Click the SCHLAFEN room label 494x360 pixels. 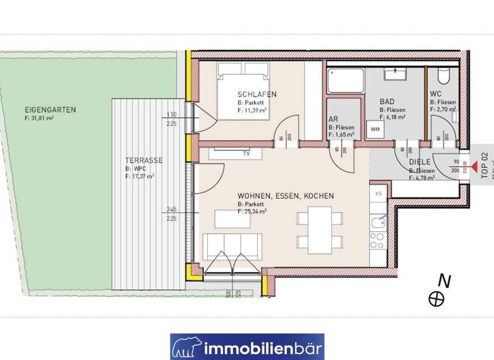coord(257,94)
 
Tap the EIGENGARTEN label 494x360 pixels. coord(50,110)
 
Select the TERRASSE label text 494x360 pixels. coord(144,161)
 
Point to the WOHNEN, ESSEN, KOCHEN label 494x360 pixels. coord(285,196)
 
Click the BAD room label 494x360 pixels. coord(387,102)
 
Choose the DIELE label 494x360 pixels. coord(420,162)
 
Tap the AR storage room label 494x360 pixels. coord(333,120)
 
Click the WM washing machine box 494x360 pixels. coord(374,130)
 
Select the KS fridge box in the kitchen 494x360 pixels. coord(378,193)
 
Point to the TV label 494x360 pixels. coord(245,154)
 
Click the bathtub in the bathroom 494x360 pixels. coord(345,80)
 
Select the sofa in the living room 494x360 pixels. coord(231,246)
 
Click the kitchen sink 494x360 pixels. coord(378,225)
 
